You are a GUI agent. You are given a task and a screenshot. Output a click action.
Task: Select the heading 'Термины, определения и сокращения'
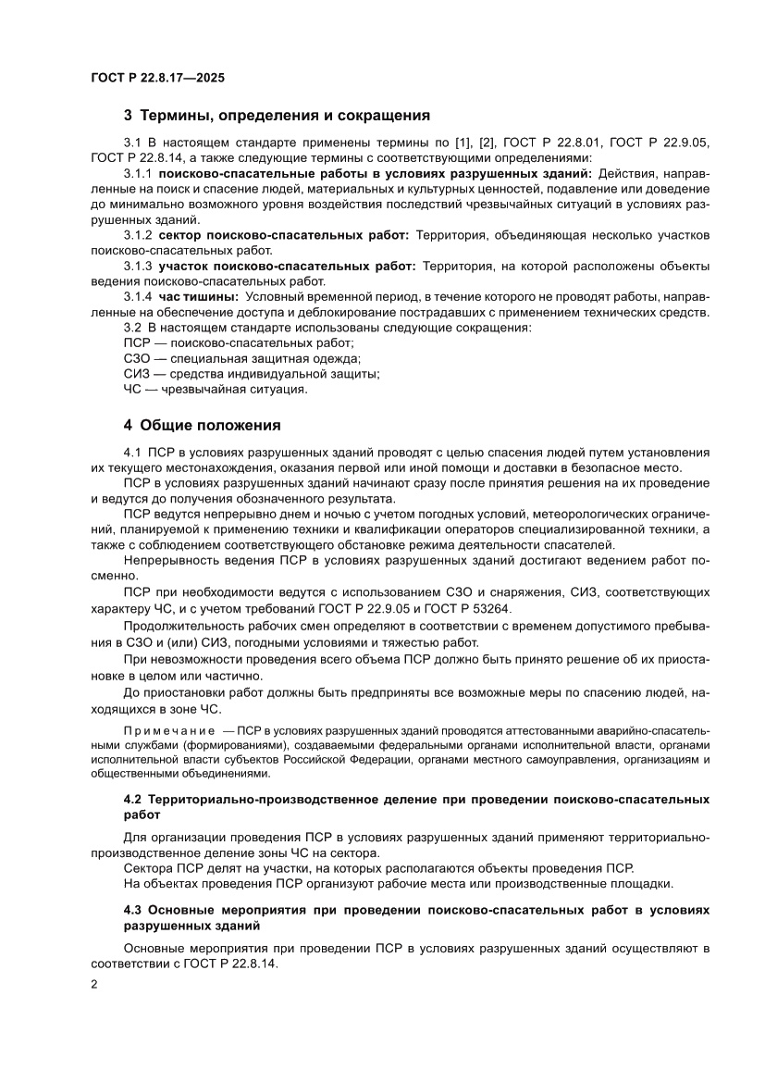click(x=285, y=116)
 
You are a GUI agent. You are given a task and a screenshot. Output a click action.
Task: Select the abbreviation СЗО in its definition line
click(x=138, y=358)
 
